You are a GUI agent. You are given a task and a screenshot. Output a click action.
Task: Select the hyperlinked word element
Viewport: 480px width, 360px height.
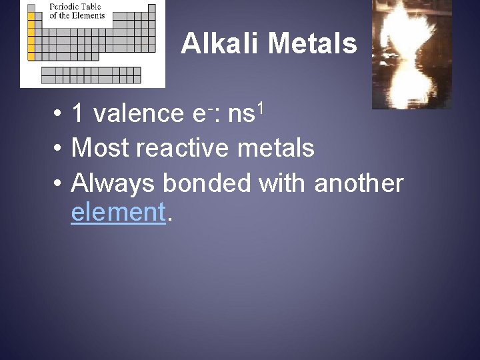tap(117, 213)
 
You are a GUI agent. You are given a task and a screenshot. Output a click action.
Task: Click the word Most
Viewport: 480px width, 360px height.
tap(99, 147)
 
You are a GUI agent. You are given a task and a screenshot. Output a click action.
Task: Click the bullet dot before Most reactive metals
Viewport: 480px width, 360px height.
tap(59, 148)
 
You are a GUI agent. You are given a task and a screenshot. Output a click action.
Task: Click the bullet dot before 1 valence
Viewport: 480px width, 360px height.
tap(59, 114)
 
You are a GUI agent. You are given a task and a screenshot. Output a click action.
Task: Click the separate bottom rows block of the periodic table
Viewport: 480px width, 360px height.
tap(91, 75)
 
